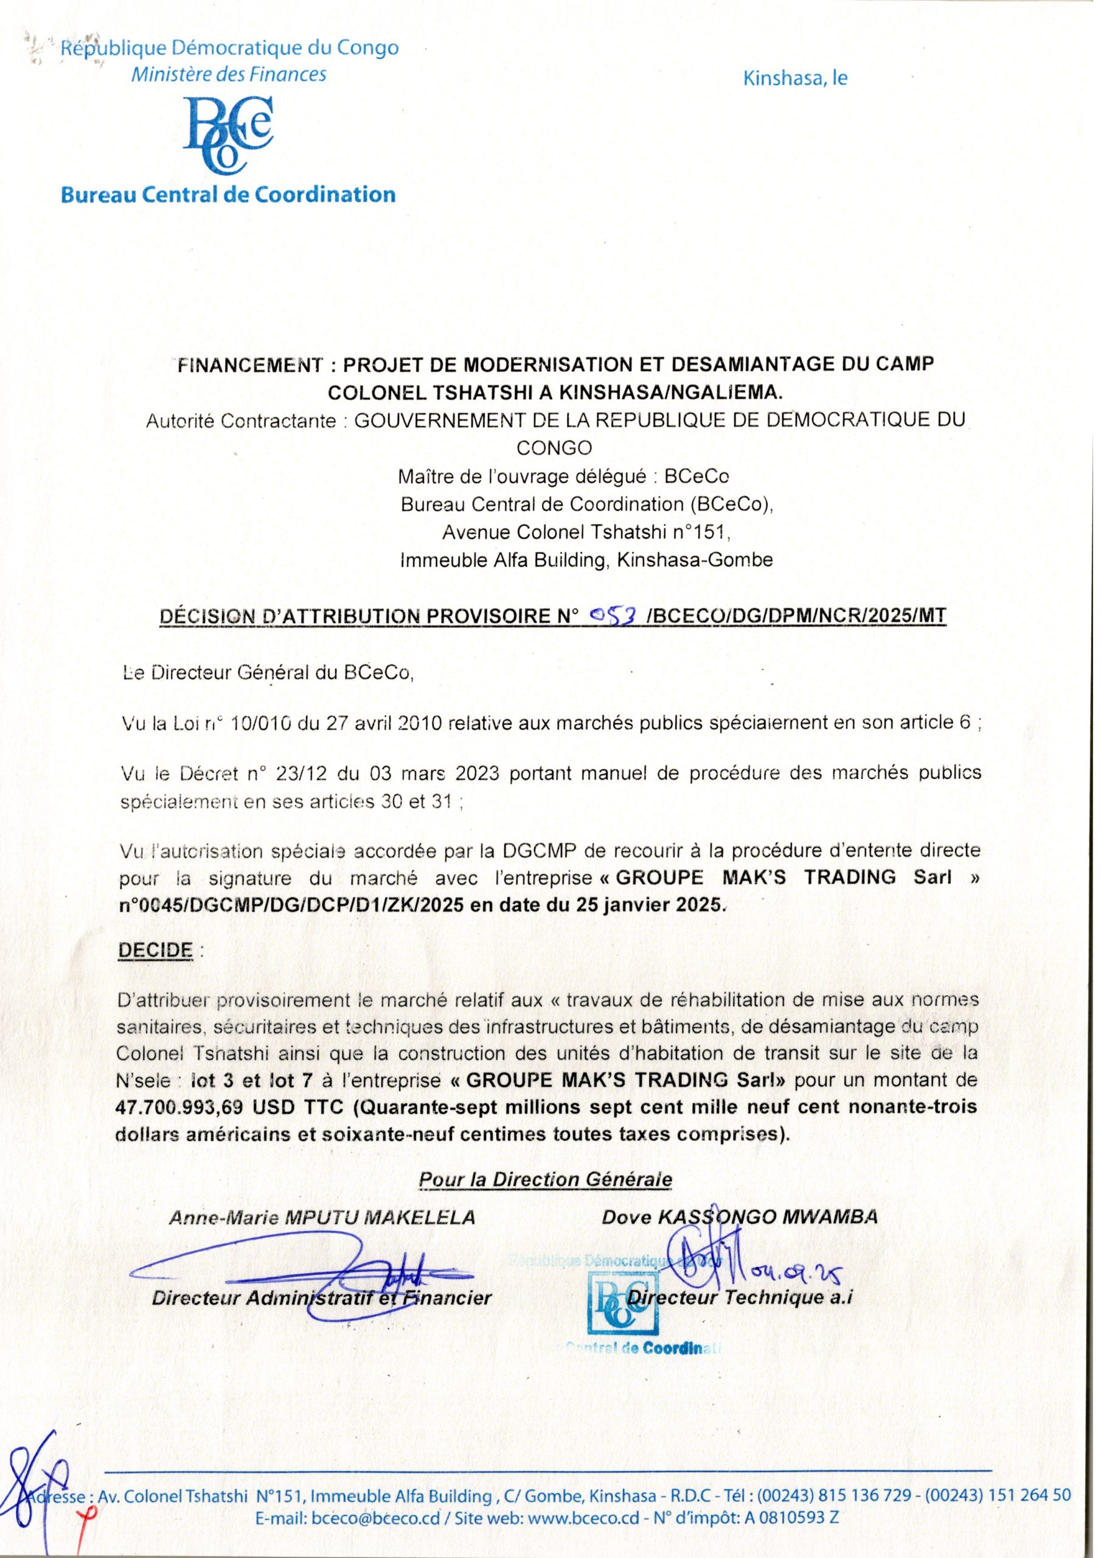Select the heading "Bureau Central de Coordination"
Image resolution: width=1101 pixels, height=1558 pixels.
coord(228,195)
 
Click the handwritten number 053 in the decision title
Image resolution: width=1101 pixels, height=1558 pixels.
coord(613,615)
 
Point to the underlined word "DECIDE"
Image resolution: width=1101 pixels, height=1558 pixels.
coord(155,950)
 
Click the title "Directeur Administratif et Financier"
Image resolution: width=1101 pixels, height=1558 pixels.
coord(322,1299)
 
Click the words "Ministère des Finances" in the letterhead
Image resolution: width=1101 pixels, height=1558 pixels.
coord(229,74)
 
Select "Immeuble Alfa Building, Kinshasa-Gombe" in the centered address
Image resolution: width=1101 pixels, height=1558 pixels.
coord(587,560)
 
